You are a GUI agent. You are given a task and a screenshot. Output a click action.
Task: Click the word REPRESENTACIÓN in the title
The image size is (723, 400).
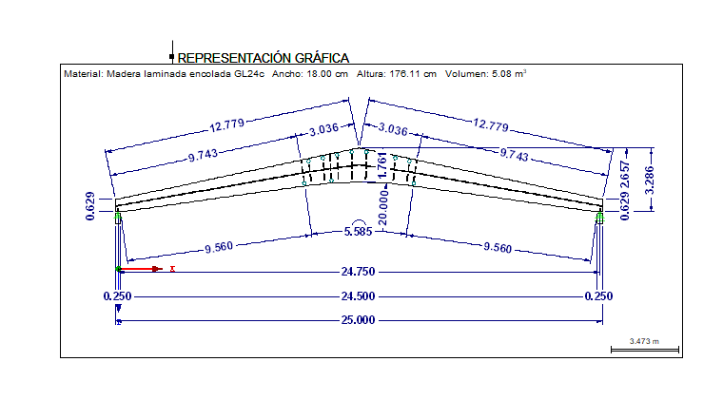[x=234, y=58]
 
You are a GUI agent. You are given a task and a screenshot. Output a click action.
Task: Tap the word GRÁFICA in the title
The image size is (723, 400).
[x=322, y=58]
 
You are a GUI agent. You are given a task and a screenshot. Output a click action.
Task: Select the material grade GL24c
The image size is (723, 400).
[x=249, y=74]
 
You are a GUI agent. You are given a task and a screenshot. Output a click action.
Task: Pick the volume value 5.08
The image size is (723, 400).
[x=500, y=74]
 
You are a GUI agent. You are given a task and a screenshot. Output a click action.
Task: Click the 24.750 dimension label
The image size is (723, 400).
[x=358, y=272]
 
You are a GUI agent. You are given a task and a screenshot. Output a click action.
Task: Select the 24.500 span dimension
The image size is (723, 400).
[x=358, y=296]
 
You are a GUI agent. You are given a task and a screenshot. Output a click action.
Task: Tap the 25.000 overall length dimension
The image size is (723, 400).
[x=358, y=320]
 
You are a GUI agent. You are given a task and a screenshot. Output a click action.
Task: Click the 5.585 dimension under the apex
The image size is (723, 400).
[x=359, y=232]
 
